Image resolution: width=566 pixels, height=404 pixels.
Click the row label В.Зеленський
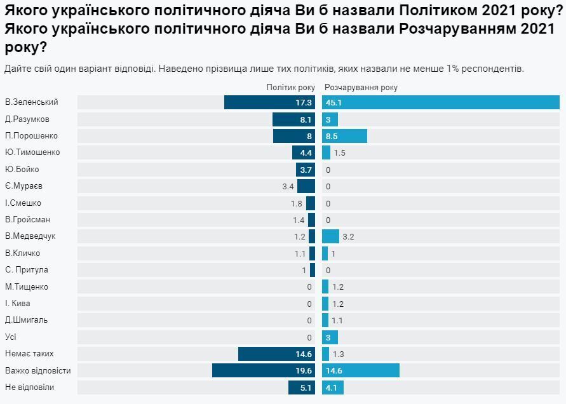pyautogui.click(x=32, y=102)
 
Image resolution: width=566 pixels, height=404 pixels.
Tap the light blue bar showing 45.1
pyautogui.click(x=440, y=102)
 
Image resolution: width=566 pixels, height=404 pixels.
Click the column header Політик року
pyautogui.click(x=290, y=88)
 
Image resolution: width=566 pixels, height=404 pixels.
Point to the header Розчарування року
pyautogui.click(x=361, y=88)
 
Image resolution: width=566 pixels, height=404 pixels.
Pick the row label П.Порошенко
pyautogui.click(x=31, y=136)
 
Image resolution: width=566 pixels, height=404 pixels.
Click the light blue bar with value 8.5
pyautogui.click(x=344, y=136)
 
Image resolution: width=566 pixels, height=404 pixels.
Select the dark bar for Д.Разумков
pyautogui.click(x=293, y=119)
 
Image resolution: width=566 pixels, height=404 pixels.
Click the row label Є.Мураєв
pyautogui.click(x=24, y=186)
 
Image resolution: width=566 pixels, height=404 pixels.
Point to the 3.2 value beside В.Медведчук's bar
pyautogui.click(x=348, y=236)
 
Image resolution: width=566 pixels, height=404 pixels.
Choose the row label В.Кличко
pyautogui.click(x=22, y=253)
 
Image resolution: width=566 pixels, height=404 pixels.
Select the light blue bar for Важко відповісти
pyautogui.click(x=360, y=371)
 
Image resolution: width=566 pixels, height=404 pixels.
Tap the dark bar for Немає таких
pyautogui.click(x=276, y=354)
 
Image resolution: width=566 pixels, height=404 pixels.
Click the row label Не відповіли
pyautogui.click(x=29, y=387)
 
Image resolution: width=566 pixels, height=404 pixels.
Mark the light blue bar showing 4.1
pyautogui.click(x=333, y=387)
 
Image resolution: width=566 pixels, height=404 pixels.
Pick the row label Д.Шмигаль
pyautogui.click(x=26, y=320)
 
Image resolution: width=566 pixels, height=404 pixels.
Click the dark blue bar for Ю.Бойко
pyautogui.click(x=305, y=170)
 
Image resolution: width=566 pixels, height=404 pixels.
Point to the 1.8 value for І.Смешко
pyautogui.click(x=296, y=203)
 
